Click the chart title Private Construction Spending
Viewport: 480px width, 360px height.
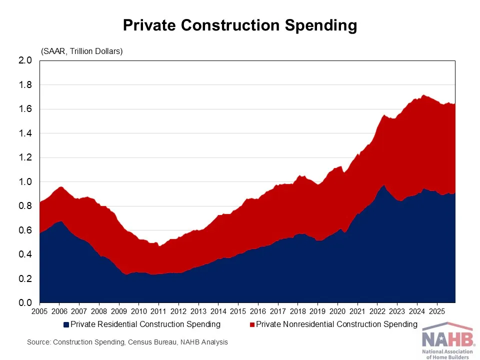[240, 25]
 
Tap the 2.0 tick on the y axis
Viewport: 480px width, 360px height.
[25, 60]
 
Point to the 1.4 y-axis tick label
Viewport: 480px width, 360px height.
[25, 133]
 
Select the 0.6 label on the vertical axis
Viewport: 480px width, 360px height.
[25, 230]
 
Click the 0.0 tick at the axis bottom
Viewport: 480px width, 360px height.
[25, 303]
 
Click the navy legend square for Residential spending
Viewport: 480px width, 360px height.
[66, 324]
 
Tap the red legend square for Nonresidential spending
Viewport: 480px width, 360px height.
[252, 324]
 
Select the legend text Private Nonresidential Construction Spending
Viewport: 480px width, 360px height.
[336, 324]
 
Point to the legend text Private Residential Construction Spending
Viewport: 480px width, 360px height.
[145, 324]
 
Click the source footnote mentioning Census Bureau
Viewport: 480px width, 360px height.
[127, 342]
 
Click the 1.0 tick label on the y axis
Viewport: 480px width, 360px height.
[25, 182]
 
